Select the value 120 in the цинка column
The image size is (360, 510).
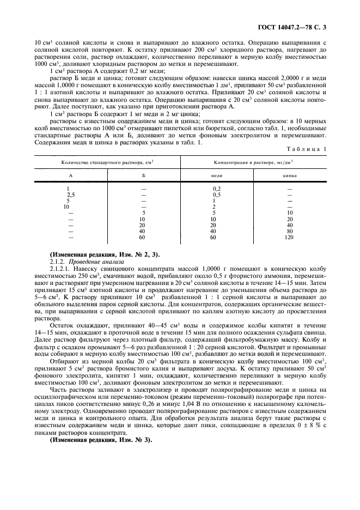[x=289, y=237]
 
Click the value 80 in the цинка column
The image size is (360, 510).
[x=289, y=231]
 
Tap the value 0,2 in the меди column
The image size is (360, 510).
[x=216, y=189]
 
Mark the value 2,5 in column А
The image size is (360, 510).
[x=71, y=195]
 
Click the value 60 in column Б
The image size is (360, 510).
[x=143, y=237]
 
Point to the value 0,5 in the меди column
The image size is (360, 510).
[x=216, y=195]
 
